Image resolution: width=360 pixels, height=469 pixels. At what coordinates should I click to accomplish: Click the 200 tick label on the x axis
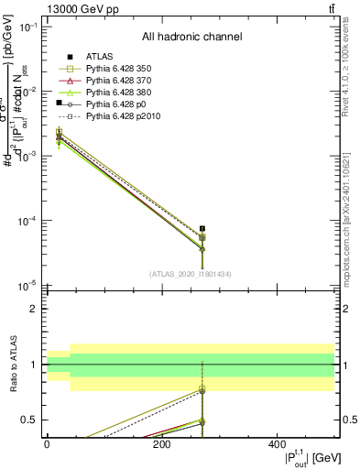pos(161,444)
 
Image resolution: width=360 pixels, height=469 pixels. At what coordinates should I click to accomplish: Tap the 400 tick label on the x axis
pos(277,444)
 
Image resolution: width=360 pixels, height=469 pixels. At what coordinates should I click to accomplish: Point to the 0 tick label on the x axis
pos(47,444)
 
